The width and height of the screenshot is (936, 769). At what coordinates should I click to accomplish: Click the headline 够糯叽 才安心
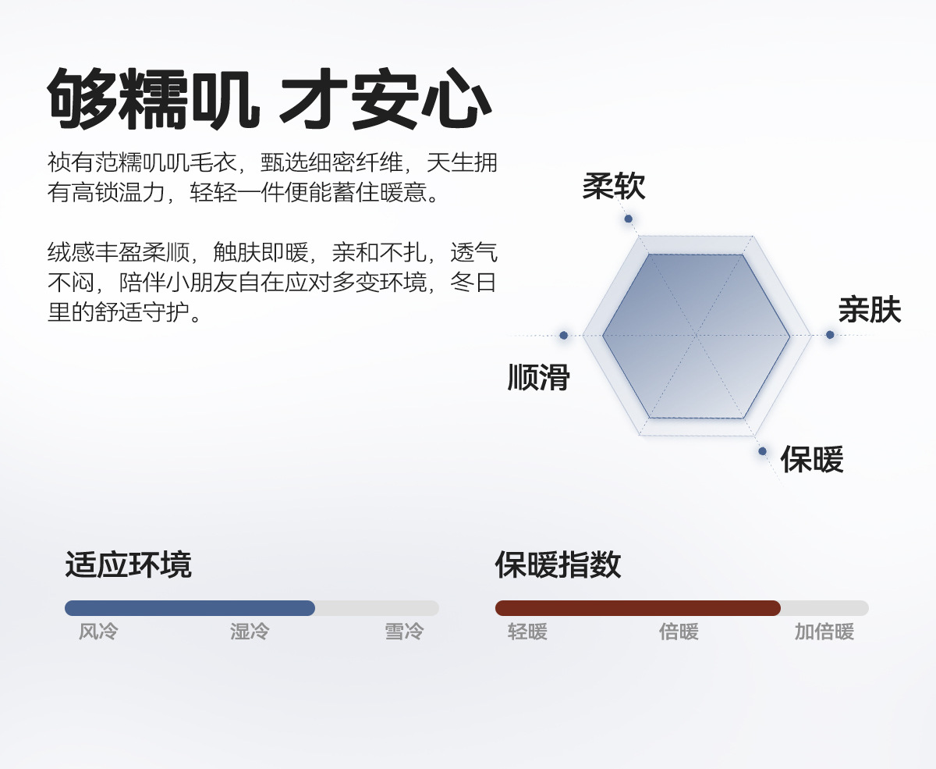(x=269, y=100)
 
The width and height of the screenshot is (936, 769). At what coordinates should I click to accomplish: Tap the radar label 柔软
(x=613, y=187)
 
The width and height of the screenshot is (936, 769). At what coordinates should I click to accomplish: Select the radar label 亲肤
(x=870, y=311)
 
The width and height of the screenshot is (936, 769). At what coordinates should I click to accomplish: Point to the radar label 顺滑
(x=538, y=378)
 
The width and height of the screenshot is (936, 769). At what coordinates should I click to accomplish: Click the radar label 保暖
(x=812, y=460)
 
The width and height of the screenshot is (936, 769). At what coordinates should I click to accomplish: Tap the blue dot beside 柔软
(x=628, y=219)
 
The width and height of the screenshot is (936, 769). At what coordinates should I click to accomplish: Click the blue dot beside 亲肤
(x=830, y=335)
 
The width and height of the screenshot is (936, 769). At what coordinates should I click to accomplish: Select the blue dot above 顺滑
(x=563, y=335)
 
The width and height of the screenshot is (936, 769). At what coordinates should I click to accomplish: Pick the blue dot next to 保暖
(x=762, y=451)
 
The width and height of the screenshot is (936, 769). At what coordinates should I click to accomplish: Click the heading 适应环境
(x=128, y=564)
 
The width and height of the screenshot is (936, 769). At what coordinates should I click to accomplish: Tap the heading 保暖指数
(x=558, y=564)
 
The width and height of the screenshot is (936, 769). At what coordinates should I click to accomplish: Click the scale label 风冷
(x=98, y=632)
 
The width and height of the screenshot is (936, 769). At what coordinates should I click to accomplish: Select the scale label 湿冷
(x=250, y=632)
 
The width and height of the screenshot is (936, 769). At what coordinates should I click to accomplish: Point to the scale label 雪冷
(x=404, y=632)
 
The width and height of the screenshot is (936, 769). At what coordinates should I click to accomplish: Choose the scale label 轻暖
(x=527, y=632)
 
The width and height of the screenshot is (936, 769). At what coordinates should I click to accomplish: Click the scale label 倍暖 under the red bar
(x=679, y=632)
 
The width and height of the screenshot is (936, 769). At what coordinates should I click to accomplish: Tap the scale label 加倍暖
(x=824, y=632)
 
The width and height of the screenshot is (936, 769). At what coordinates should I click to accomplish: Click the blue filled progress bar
(x=190, y=608)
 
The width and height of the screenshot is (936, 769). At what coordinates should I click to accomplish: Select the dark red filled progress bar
(x=637, y=608)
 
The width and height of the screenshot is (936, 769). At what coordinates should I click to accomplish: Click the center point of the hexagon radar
(x=696, y=336)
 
